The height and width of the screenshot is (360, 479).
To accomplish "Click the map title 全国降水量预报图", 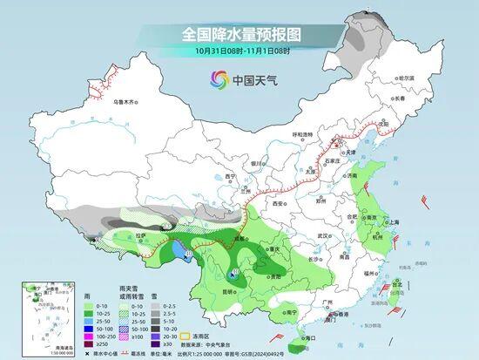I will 240,35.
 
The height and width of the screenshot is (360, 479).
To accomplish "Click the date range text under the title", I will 240,51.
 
